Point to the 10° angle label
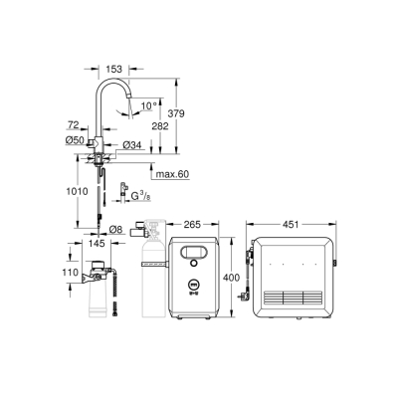pos(149,104)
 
